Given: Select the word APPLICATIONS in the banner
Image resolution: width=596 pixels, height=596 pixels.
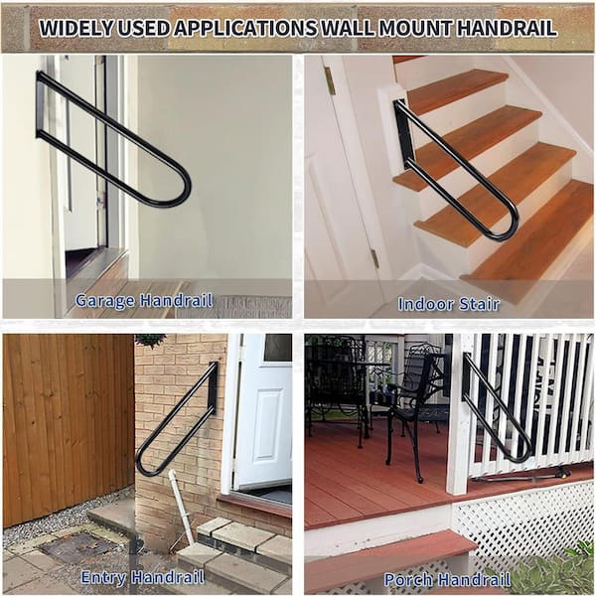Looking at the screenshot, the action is click(x=245, y=28).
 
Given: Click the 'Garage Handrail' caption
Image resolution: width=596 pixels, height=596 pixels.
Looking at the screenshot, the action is click(x=144, y=300).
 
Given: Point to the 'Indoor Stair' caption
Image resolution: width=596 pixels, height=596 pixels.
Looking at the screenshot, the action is click(x=449, y=304).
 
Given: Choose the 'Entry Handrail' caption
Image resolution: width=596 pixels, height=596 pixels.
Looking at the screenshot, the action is click(x=143, y=577).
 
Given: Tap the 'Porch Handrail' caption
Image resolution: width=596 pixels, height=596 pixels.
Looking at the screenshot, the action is click(x=447, y=580).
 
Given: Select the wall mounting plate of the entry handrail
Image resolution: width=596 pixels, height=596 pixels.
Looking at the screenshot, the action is click(x=213, y=388).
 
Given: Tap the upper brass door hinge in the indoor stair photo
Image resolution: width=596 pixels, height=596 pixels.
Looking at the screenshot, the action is click(x=329, y=80).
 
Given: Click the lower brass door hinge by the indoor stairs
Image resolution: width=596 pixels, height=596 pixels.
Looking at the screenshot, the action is click(x=374, y=257).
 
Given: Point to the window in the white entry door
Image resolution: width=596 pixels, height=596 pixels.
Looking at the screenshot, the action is click(x=278, y=348).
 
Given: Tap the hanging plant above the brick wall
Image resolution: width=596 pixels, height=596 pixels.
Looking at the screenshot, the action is click(x=151, y=340).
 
